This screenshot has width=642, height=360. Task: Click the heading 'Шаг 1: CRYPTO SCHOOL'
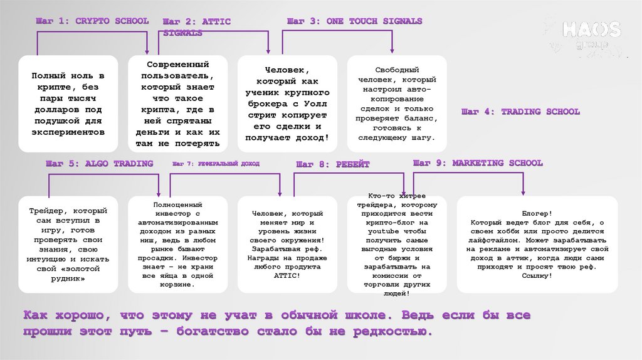tap(92, 21)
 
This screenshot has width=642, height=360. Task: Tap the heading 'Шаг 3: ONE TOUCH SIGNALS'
tap(355, 21)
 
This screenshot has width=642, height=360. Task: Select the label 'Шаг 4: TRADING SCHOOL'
tap(520, 112)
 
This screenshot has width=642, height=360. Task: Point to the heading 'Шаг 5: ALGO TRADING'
tap(99, 164)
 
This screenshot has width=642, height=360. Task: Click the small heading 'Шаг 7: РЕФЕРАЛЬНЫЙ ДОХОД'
tap(215, 164)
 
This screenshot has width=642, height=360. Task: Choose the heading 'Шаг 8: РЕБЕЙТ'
tap(333, 164)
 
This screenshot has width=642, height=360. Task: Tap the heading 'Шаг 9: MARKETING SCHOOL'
tap(478, 163)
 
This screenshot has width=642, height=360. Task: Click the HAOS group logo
tap(589, 34)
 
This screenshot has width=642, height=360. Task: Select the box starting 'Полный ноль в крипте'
tap(68, 103)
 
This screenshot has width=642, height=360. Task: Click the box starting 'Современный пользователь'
tap(178, 103)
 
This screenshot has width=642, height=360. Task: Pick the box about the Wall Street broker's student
tap(287, 103)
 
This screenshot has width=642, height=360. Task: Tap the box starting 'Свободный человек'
tap(397, 103)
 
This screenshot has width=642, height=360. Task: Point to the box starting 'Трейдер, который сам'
tap(68, 244)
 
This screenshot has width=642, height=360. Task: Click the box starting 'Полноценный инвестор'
tap(178, 244)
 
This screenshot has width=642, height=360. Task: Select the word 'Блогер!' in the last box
tap(537, 214)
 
